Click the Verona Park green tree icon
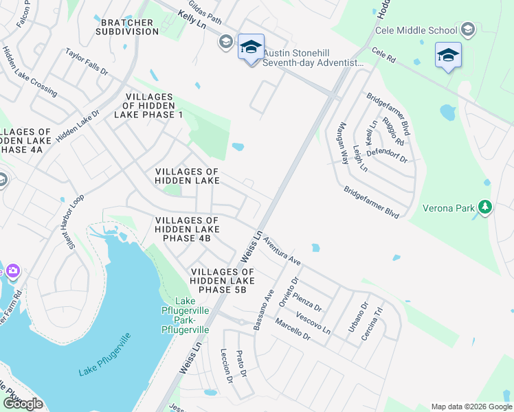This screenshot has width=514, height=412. pyautogui.click(x=485, y=207)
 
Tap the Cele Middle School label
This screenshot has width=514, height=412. pyautogui.click(x=416, y=30)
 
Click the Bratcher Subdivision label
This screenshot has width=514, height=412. pyautogui.click(x=130, y=27)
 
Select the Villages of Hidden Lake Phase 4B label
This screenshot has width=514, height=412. pyautogui.click(x=187, y=229)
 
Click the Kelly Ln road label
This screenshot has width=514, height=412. pyautogui.click(x=191, y=17)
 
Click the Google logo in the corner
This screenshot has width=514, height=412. pyautogui.click(x=23, y=403)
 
